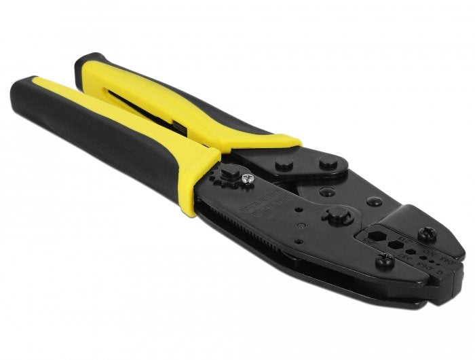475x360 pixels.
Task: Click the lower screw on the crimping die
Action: pyautogui.click(x=385, y=259)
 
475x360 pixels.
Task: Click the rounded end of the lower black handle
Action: pyautogui.click(x=27, y=102)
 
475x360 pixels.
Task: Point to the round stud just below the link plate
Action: pyautogui.click(x=326, y=192)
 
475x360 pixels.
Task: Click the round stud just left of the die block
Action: pyautogui.click(x=374, y=202)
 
